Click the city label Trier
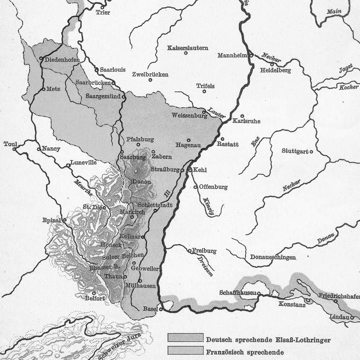pos(103,13)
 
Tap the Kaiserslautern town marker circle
pos(186,53)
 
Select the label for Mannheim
pos(232,55)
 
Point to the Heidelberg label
pos(276,70)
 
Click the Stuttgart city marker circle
pos(311,152)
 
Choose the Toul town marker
pos(15,149)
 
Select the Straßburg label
pos(165,170)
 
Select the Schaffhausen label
pos(238,293)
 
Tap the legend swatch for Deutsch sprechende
pos(185,338)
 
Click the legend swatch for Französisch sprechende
pos(185,350)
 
